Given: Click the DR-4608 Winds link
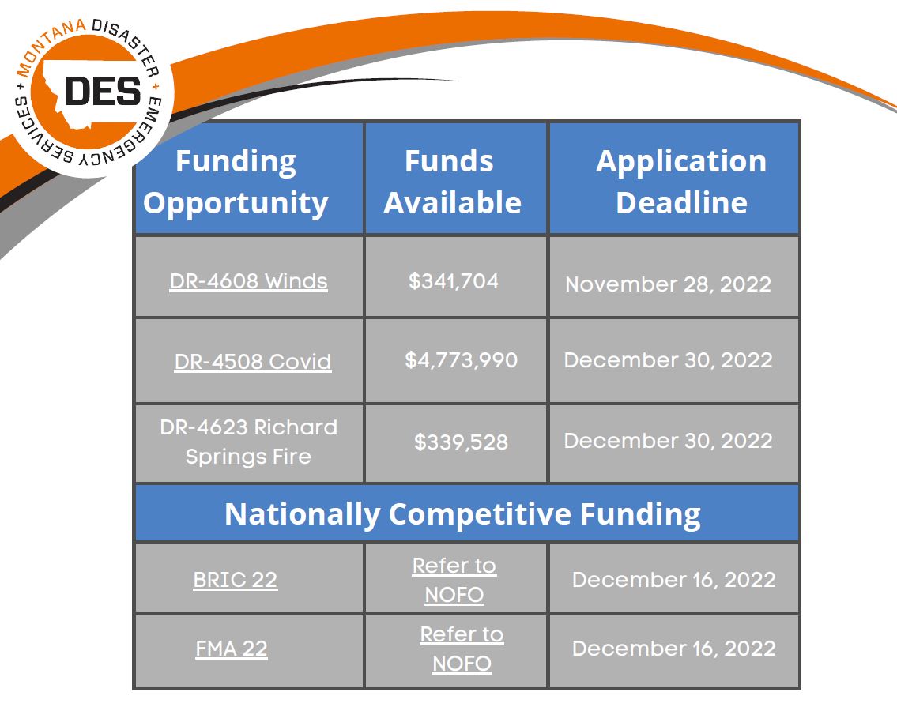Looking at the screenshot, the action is pos(249,281).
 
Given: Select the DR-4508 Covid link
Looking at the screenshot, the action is pos(253,362).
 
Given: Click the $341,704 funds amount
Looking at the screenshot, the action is pos(454,281).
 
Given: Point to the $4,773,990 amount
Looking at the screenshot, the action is pos(461,359).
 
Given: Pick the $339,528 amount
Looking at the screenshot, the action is pos(461,442).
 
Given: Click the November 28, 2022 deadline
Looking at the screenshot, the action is pos(668,284).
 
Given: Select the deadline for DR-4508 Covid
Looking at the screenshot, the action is pos(668,359).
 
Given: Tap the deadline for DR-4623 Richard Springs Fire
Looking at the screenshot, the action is pos(668,441).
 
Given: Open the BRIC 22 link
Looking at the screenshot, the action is pos(236,579).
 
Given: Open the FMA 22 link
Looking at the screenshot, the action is pos(232,648).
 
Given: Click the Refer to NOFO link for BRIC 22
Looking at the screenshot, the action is pos(454,579).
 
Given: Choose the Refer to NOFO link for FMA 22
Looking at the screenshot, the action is pos(462,648).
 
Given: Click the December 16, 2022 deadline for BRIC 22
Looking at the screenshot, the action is pos(674,579).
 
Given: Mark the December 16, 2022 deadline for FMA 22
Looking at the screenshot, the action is pos(674,648).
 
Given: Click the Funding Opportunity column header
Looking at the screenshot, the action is pos(236,182).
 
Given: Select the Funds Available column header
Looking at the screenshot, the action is pos(453,182).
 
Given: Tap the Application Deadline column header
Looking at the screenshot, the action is pos(681,182).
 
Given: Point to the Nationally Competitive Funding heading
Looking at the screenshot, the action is pos(463,513).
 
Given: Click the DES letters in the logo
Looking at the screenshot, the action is pos(103,92).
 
